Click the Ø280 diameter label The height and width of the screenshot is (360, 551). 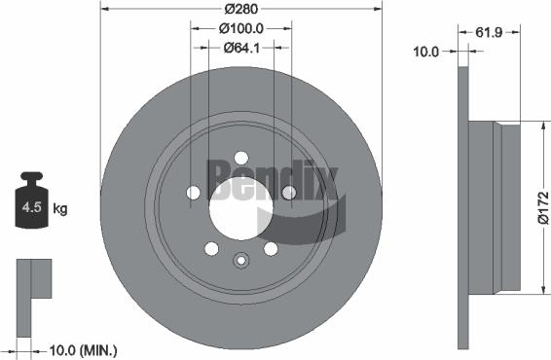click(241, 9)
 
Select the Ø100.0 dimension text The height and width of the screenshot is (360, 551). click(241, 29)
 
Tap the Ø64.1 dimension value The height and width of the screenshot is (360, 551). click(241, 48)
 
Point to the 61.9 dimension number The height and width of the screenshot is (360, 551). click(489, 32)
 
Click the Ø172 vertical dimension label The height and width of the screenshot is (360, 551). click(543, 207)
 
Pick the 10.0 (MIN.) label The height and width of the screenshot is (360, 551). click(84, 350)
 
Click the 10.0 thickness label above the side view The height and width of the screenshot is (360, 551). click(425, 52)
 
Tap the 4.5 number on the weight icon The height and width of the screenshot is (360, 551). click(31, 207)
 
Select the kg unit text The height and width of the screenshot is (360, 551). click(60, 208)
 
